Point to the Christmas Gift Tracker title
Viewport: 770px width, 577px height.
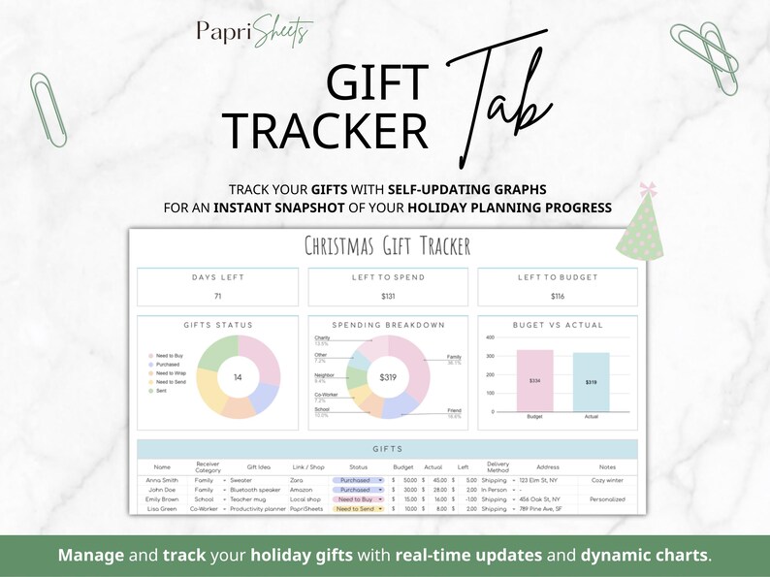387,245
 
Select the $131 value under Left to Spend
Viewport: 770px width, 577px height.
388,295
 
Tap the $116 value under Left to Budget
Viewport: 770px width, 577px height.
557,295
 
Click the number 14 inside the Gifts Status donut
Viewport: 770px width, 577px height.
238,376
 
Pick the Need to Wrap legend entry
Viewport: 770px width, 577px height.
171,373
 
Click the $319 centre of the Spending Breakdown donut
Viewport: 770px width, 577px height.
388,376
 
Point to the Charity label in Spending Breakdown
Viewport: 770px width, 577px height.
322,338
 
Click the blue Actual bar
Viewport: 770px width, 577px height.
592,382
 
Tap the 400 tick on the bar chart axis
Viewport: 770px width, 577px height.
491,337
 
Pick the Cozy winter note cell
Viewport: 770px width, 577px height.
608,480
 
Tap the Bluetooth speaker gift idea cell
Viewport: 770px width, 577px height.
257,490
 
